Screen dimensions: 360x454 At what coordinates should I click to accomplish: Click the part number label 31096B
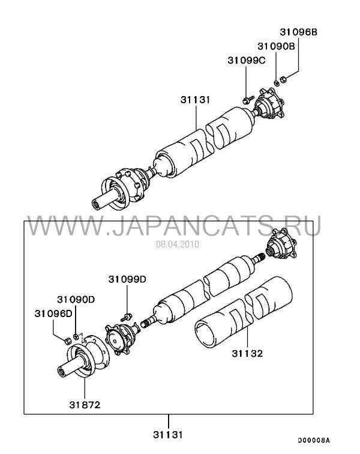298,32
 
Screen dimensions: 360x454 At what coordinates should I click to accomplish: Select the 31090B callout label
276,46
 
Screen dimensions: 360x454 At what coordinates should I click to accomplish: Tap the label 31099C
246,60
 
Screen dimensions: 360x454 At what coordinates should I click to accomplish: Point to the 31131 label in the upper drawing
196,100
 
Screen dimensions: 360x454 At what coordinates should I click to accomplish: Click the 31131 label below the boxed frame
168,434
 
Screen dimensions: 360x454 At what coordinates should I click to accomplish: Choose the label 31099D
127,279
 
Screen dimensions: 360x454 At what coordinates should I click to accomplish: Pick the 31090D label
76,300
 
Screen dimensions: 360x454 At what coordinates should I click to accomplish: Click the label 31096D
53,313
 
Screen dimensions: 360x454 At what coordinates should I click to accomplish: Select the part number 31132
247,353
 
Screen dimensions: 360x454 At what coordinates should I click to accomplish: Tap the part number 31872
85,405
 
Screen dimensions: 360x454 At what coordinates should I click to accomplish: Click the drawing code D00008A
314,440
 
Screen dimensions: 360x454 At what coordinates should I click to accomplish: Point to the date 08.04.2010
178,244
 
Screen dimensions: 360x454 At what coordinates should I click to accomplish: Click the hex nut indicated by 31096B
283,79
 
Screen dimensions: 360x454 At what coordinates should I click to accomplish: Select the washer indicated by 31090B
277,82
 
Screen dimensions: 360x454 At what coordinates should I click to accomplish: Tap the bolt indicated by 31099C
247,100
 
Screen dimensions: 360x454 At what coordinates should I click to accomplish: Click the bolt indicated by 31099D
127,317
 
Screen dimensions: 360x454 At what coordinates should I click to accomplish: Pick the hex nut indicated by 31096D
67,340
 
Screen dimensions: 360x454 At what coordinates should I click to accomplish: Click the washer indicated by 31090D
76,336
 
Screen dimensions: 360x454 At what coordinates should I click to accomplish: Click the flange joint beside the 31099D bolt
122,338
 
